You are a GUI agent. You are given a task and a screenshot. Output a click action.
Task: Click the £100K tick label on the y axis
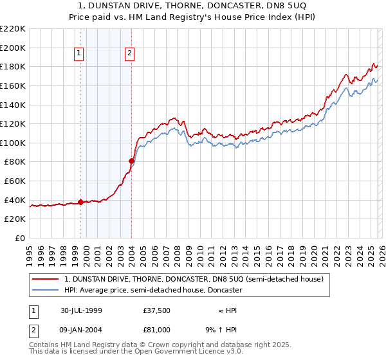(x=13, y=143)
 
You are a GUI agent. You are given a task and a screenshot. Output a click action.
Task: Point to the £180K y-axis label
(x=13, y=66)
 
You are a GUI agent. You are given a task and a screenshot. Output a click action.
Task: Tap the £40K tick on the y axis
(x=15, y=200)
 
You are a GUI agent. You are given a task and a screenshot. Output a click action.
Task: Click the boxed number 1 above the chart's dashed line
(x=79, y=54)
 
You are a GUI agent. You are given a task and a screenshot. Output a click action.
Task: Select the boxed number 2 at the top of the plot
(x=130, y=54)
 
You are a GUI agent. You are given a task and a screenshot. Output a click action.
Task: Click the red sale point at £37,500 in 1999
(x=81, y=202)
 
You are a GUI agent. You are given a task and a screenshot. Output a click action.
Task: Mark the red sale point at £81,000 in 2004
(x=131, y=161)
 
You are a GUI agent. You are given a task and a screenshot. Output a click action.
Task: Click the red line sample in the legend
(x=46, y=279)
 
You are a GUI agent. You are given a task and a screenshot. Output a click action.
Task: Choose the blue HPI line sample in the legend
(x=46, y=290)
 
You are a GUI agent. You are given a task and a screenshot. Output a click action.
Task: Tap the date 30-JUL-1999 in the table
(x=82, y=310)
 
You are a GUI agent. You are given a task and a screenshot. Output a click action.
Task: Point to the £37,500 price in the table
(x=157, y=310)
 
